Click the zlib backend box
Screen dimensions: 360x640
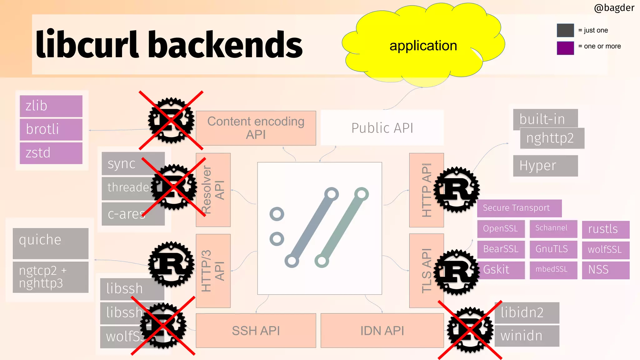(51, 106)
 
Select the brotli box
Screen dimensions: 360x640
(51, 129)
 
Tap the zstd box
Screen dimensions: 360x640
(51, 153)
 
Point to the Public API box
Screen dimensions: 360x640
(382, 128)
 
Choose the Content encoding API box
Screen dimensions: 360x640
(256, 128)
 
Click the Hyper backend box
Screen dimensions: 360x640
(545, 166)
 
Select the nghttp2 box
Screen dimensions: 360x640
(552, 138)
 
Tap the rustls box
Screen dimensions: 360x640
(605, 229)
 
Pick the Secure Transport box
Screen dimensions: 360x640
(519, 208)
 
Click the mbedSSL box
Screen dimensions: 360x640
(553, 270)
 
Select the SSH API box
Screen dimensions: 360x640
(256, 330)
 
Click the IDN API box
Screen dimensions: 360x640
(382, 330)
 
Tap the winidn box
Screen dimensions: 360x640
(527, 336)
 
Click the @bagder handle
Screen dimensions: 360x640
(614, 7)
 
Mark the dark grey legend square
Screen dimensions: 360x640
(565, 30)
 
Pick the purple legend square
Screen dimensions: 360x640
(565, 48)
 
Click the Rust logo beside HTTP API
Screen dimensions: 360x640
(457, 189)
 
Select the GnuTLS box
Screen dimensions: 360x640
(553, 249)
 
